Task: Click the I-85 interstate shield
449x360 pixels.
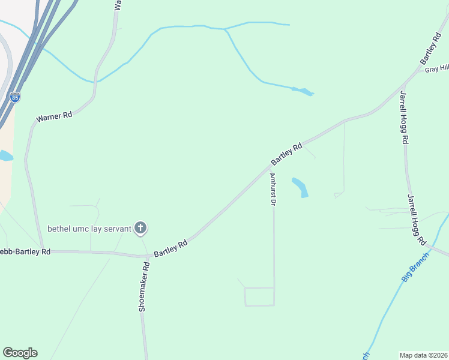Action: [x=15, y=97]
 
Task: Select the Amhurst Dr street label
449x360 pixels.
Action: [x=273, y=190]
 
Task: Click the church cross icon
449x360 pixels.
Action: [x=140, y=227]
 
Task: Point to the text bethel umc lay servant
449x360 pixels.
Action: [x=89, y=229]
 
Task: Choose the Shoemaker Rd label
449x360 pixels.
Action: [x=143, y=286]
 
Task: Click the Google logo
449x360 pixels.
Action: [x=20, y=353]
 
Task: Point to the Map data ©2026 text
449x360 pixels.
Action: [x=424, y=355]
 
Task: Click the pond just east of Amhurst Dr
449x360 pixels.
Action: [x=300, y=187]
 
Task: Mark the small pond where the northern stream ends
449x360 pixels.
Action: [x=304, y=91]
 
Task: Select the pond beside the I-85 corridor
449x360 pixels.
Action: [x=5, y=156]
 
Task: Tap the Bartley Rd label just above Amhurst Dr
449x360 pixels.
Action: [x=286, y=154]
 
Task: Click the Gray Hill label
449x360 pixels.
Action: [x=437, y=69]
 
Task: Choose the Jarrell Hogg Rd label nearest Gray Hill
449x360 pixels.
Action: [x=404, y=117]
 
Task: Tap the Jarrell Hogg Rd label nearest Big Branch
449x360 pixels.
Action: [x=417, y=219]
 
